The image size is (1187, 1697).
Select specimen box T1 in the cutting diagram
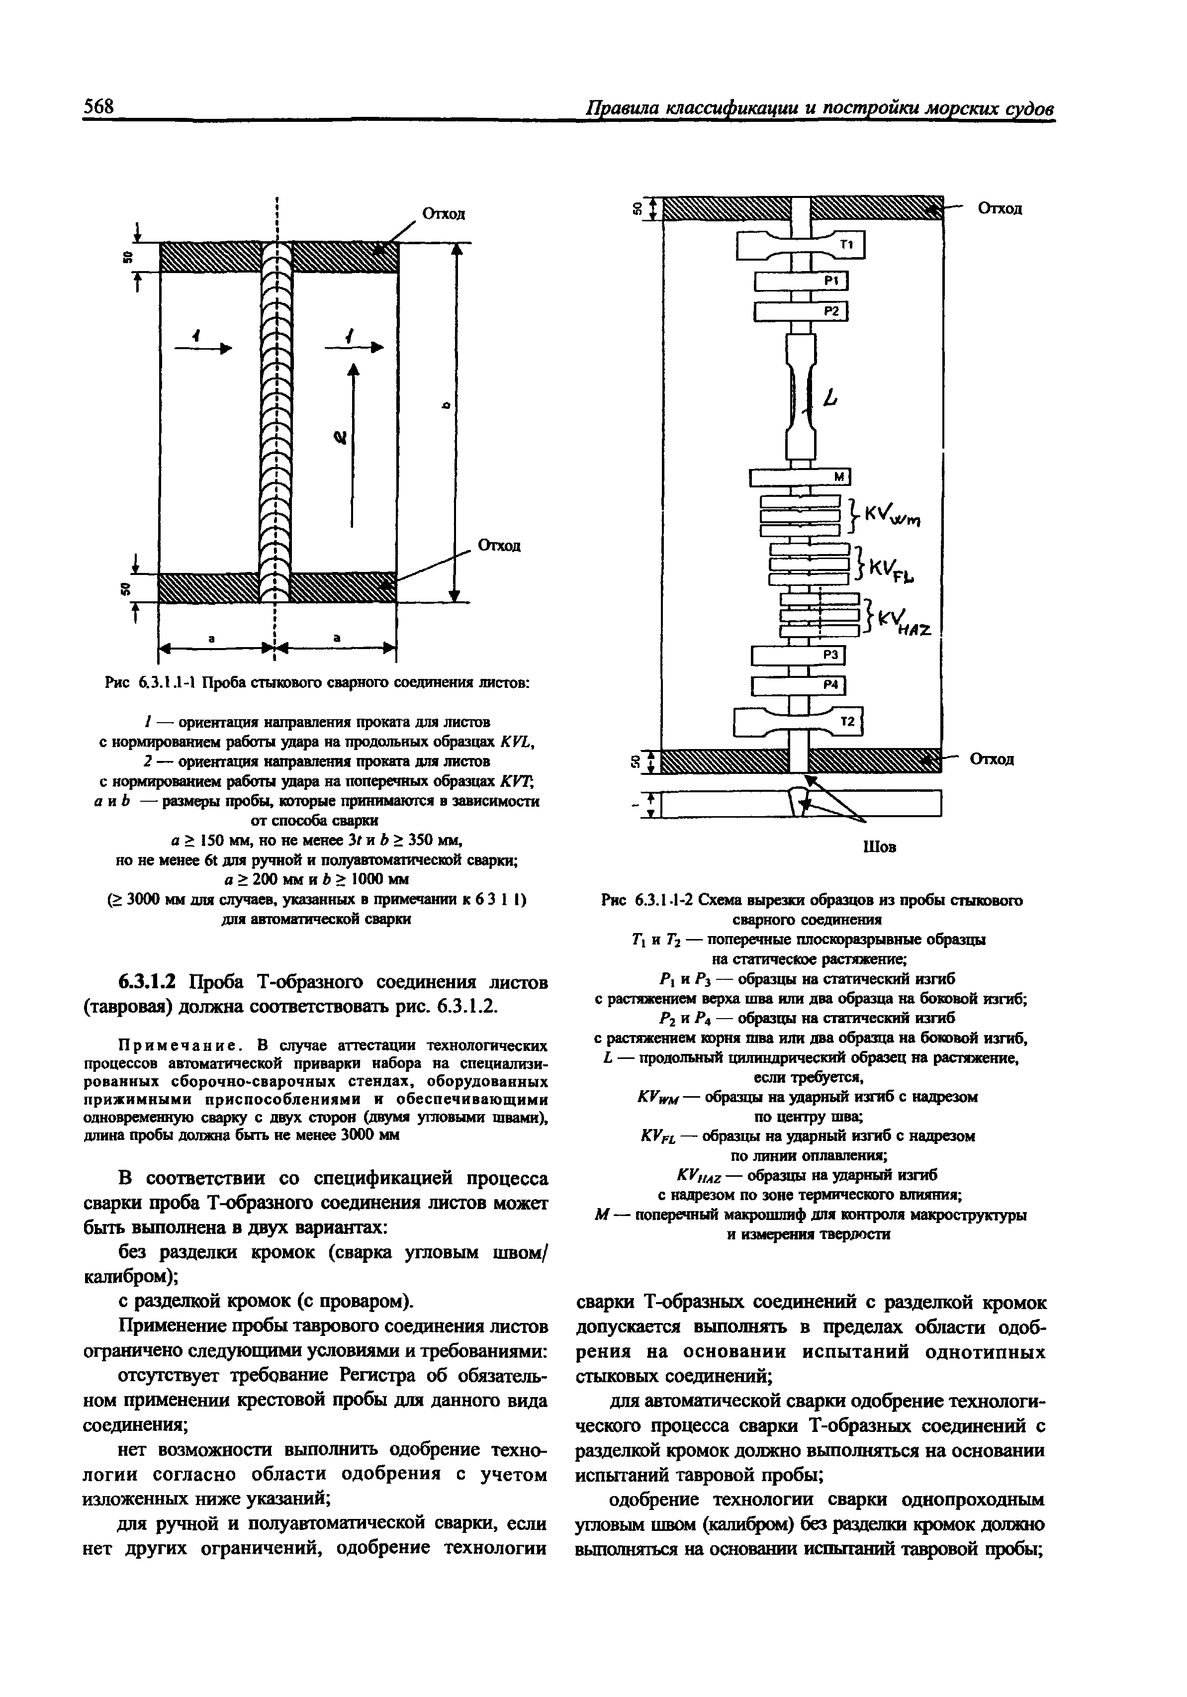pyautogui.click(x=801, y=245)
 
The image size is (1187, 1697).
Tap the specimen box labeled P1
pyautogui.click(x=801, y=282)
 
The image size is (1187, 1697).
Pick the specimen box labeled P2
pyautogui.click(x=801, y=311)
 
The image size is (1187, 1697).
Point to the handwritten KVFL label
pyautogui.click(x=891, y=569)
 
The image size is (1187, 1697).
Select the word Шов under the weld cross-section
pyautogui.click(x=879, y=847)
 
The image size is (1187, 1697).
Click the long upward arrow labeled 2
pyautogui.click(x=353, y=444)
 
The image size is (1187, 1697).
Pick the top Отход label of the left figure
pyautogui.click(x=443, y=213)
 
